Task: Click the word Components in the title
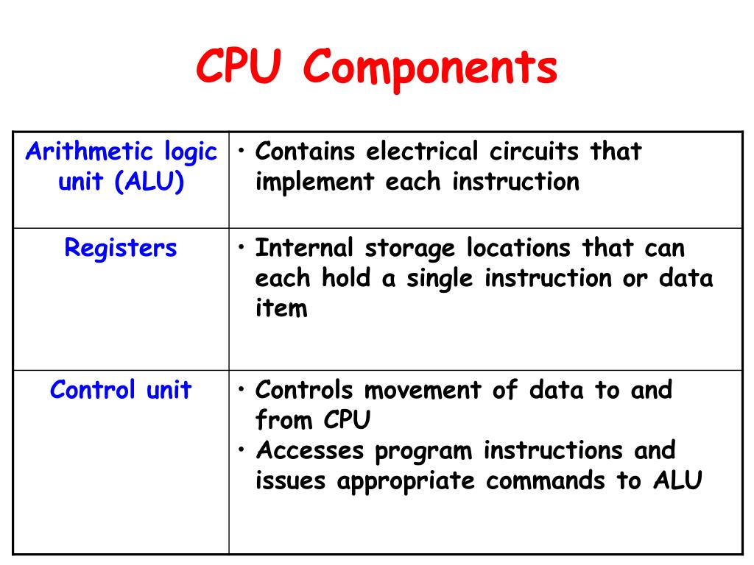[x=431, y=68]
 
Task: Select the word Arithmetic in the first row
[x=87, y=152]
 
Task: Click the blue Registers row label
[x=121, y=248]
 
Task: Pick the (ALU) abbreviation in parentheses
[x=148, y=182]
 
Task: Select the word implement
[x=314, y=182]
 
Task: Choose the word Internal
[x=304, y=248]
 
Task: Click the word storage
[x=410, y=249]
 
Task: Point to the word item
[x=281, y=309]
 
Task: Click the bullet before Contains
[x=241, y=152]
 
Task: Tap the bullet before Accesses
[x=241, y=449]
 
